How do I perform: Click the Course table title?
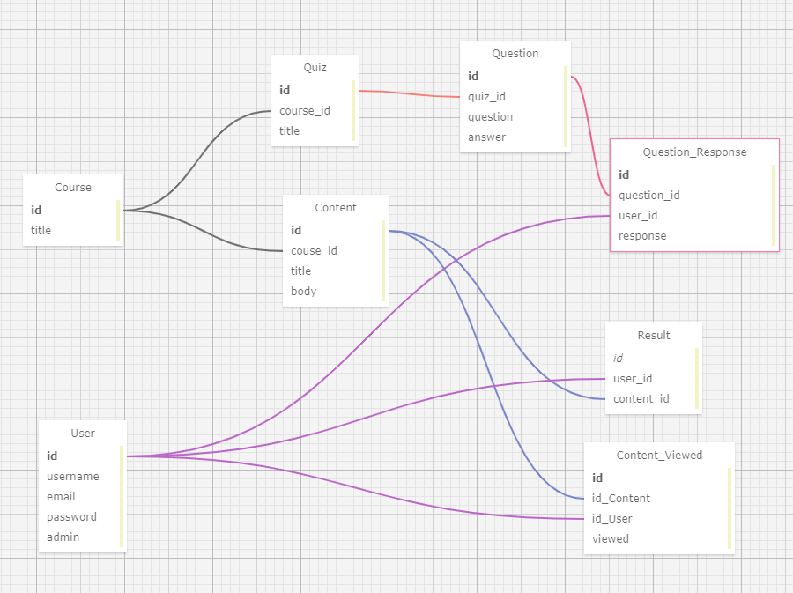[x=73, y=188]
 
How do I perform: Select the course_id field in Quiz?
[x=305, y=111]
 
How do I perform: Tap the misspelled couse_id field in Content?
[x=314, y=251]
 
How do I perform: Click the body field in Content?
[x=303, y=291]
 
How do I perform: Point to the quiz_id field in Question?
[x=486, y=97]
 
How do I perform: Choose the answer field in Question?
[x=486, y=137]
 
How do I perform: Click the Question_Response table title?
[x=694, y=152]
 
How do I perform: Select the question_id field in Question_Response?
[x=648, y=195]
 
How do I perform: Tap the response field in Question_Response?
[x=642, y=236]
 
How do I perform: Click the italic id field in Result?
[x=618, y=359]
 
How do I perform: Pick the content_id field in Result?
[x=641, y=399]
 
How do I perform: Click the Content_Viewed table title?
[x=659, y=456]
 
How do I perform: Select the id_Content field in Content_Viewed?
[x=621, y=499]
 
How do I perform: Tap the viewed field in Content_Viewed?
[x=611, y=539]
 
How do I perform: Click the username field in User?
[x=73, y=476]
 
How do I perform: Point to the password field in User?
[x=71, y=516]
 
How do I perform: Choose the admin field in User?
[x=63, y=537]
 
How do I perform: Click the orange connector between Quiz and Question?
[x=409, y=93]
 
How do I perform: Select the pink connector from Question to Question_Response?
[x=590, y=136]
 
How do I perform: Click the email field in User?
[x=61, y=496]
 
